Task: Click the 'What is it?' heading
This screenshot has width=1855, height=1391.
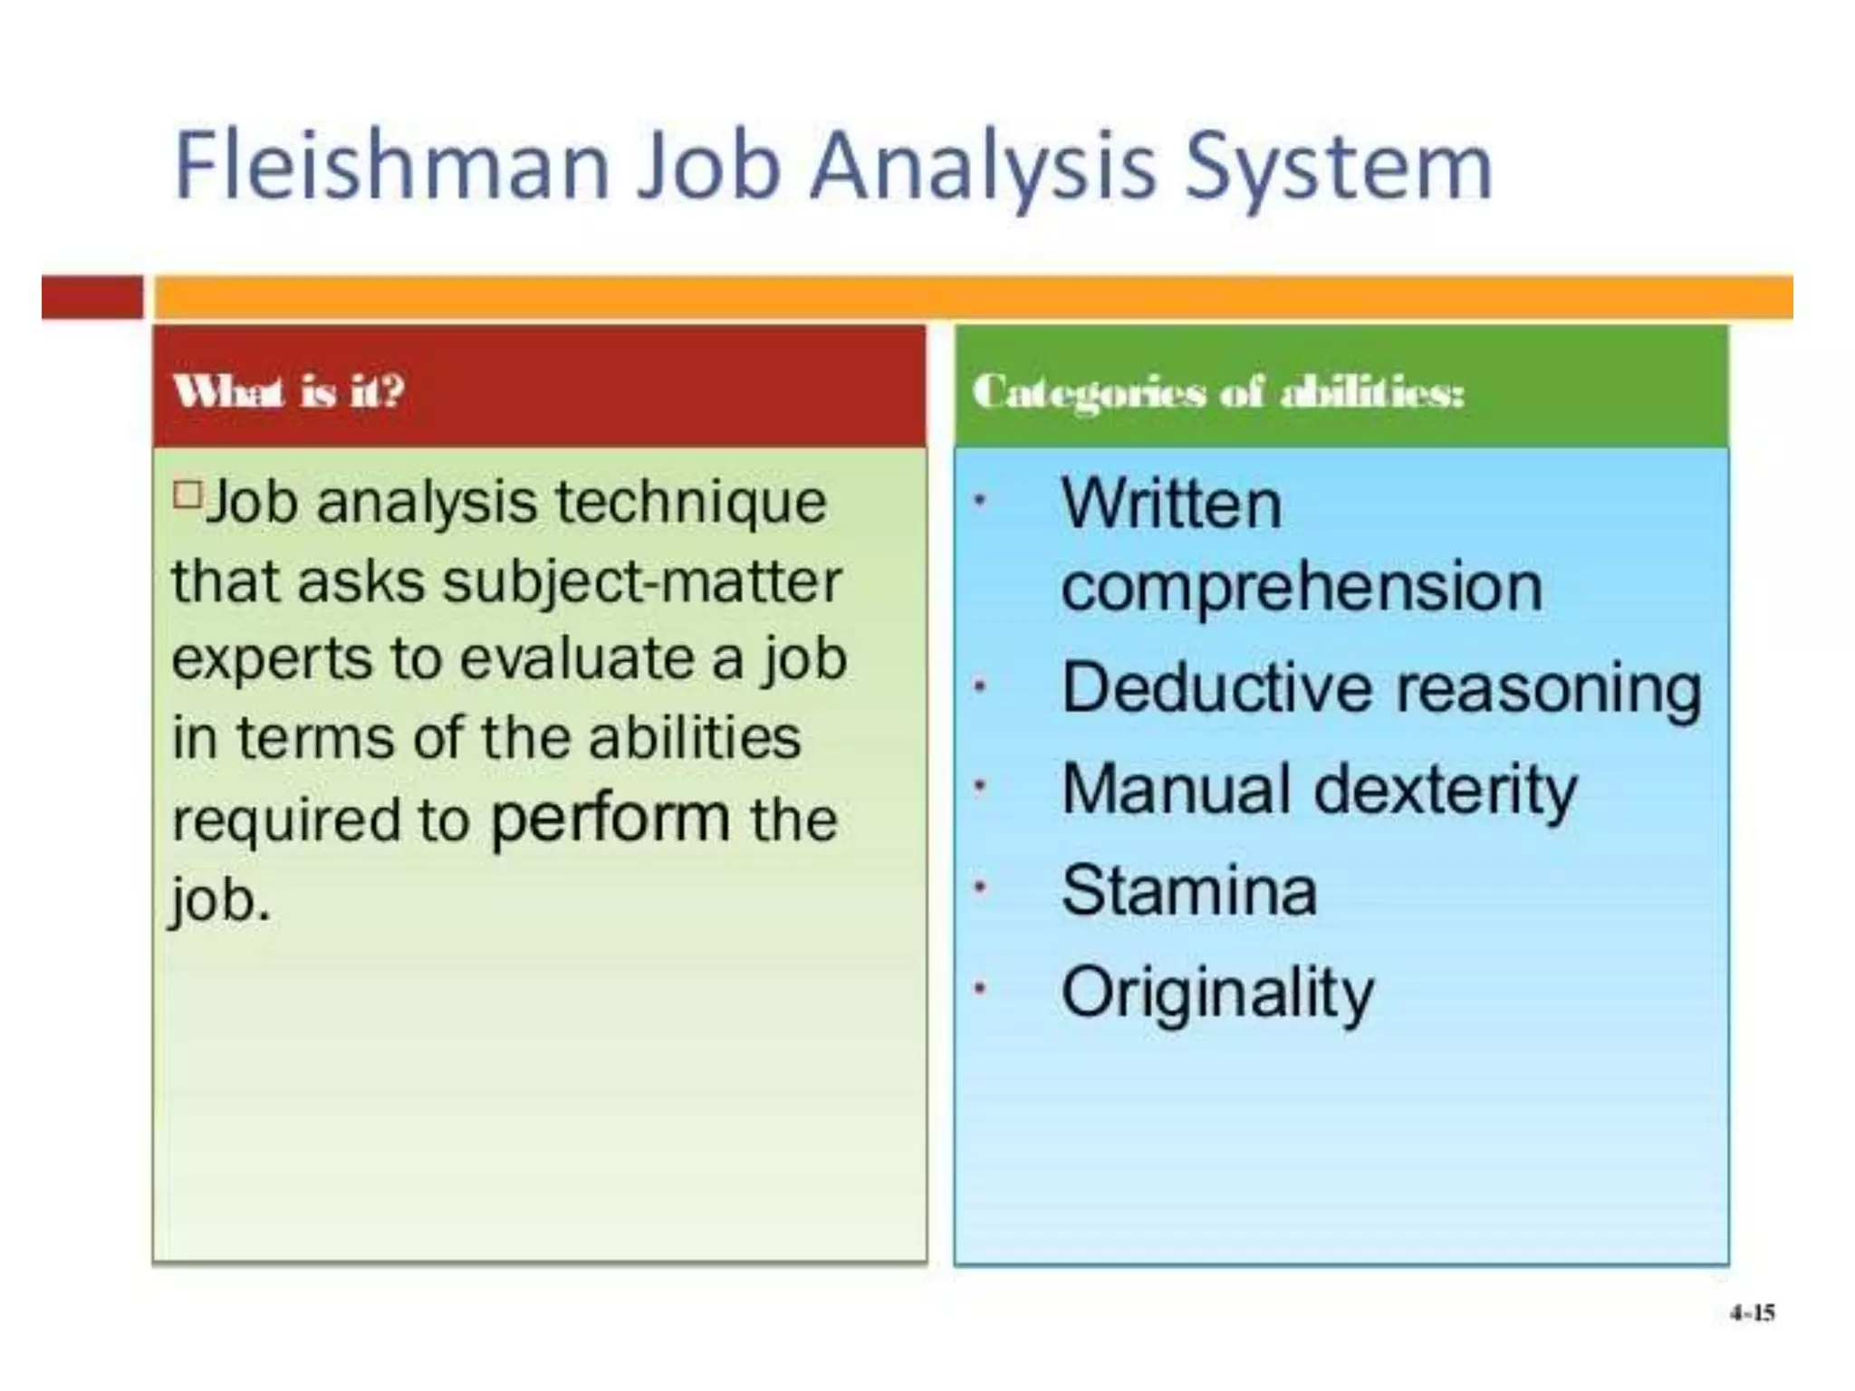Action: (x=289, y=391)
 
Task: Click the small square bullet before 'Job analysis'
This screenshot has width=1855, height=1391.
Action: (x=187, y=495)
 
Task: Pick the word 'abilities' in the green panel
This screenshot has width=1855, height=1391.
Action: (x=695, y=737)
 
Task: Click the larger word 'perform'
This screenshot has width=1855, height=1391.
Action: (x=610, y=819)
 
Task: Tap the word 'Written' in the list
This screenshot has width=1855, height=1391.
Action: (x=1171, y=504)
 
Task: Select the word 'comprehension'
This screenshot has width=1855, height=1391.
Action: (x=1302, y=587)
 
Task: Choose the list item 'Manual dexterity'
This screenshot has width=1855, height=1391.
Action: (x=1319, y=790)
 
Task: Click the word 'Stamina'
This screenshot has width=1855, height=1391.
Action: (x=1188, y=891)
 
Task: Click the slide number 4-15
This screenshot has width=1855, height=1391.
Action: (x=1752, y=1313)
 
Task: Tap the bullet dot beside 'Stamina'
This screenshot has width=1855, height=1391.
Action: (x=979, y=889)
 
